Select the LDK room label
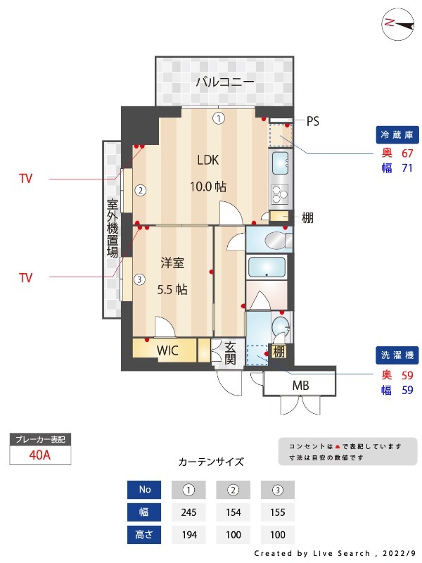click(x=207, y=160)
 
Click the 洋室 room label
click(x=172, y=263)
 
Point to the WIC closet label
click(x=167, y=350)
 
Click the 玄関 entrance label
click(x=230, y=352)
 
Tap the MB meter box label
click(x=300, y=386)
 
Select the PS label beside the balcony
click(x=312, y=121)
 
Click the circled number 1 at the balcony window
click(x=219, y=118)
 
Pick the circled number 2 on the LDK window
click(x=140, y=189)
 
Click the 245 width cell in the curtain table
click(x=188, y=512)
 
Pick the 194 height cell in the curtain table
click(x=188, y=534)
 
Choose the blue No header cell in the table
click(x=144, y=489)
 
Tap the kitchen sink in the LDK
click(x=280, y=163)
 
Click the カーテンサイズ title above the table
click(x=211, y=462)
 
